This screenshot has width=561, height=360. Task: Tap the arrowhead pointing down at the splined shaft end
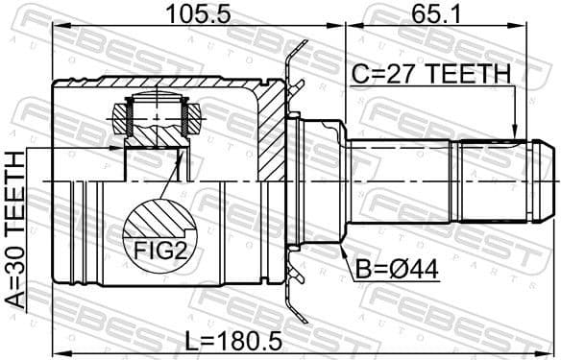click(x=516, y=133)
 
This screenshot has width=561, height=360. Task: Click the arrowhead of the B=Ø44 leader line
click(x=342, y=248)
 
